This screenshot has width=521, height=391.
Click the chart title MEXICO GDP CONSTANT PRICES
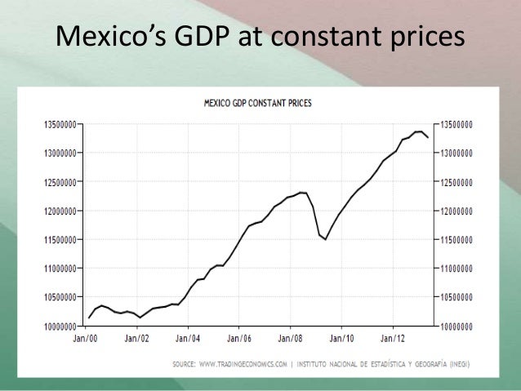pos(262,104)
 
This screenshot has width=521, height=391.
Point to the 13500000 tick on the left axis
pos(56,125)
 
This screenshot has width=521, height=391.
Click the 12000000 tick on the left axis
pos(56,211)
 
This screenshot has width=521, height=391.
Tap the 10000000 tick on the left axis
pos(56,326)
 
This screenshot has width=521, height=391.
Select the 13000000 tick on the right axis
pos(466,153)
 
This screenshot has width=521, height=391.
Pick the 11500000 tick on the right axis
pos(466,240)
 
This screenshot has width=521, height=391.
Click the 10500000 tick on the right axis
pos(466,297)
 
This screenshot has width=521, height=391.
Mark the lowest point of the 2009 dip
pos(326,239)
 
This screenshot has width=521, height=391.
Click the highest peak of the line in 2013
pos(418,131)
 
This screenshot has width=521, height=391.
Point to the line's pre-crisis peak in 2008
pos(301,193)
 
